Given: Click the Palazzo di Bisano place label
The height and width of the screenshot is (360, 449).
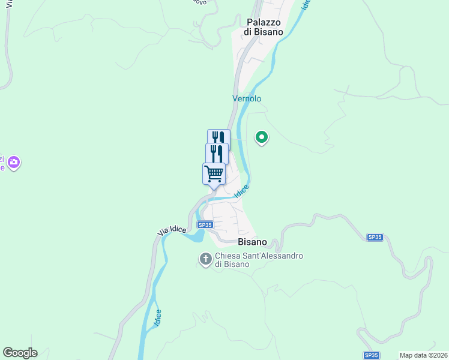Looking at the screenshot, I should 264,26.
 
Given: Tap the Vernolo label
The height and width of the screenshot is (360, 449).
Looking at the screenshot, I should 247,98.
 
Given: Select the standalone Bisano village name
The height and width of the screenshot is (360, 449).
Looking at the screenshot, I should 252,242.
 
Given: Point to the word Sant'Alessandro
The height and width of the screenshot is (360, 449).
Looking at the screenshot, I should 274,256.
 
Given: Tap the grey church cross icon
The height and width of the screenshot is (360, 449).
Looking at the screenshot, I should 205,259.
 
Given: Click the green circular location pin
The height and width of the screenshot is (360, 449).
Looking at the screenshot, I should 262,137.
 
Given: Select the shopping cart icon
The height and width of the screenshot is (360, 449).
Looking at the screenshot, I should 214,174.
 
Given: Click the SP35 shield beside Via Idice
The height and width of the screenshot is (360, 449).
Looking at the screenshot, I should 205,225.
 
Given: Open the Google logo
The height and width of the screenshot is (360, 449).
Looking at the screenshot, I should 20,353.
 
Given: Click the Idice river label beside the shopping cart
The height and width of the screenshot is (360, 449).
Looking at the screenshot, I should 241,191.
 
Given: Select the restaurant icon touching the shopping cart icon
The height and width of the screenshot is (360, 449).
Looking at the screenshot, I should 217,154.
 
